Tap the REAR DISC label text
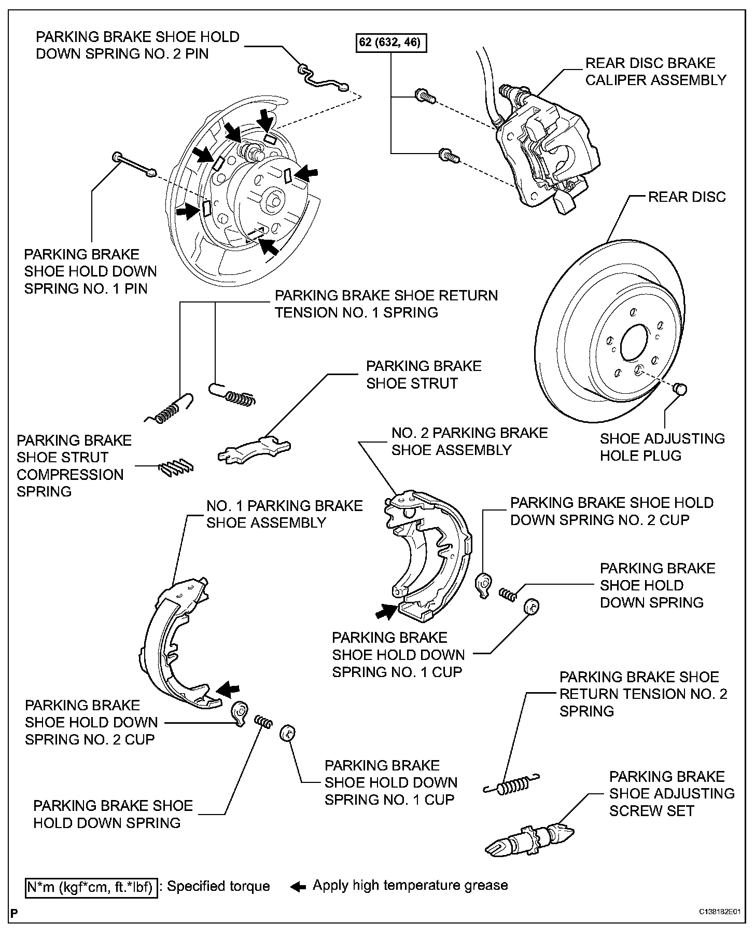pyautogui.click(x=687, y=197)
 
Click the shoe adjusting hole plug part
pyautogui.click(x=680, y=388)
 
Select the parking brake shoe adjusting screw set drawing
pyautogui.click(x=530, y=838)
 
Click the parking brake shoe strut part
pyautogui.click(x=254, y=449)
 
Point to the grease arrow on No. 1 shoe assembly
pyautogui.click(x=228, y=689)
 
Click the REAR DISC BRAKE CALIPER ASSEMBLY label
pyautogui.click(x=655, y=72)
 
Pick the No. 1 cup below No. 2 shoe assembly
pyautogui.click(x=532, y=606)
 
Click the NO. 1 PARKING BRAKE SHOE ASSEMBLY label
pyautogui.click(x=284, y=514)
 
